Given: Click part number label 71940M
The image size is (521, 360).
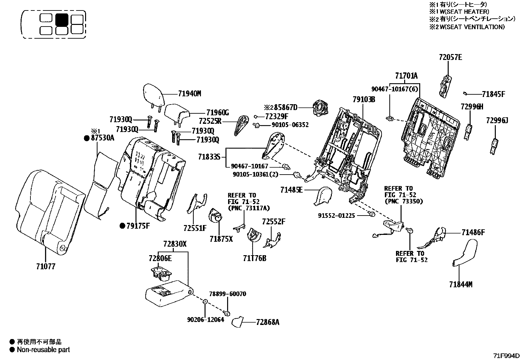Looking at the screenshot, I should [189, 94].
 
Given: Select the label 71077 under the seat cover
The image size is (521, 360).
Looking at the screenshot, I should [46, 266].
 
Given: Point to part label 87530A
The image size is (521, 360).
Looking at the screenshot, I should [102, 138].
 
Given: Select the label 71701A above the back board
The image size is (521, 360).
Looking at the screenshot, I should [406, 76].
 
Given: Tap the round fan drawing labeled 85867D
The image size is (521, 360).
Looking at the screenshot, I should [319, 108].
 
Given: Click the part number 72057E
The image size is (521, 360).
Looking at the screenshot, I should [450, 57].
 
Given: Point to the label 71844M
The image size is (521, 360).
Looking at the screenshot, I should [460, 285].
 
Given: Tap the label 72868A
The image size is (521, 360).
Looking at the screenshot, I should [268, 322].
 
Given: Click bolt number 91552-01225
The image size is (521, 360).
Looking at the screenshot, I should [336, 216].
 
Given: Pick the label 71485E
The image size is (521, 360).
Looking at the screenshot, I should [291, 190].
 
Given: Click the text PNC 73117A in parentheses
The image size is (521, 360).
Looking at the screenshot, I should [249, 208].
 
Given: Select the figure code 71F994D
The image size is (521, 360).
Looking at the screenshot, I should [507, 356].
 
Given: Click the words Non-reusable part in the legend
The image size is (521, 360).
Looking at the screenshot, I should [43, 350].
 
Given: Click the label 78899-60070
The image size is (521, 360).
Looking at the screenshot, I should [228, 294].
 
